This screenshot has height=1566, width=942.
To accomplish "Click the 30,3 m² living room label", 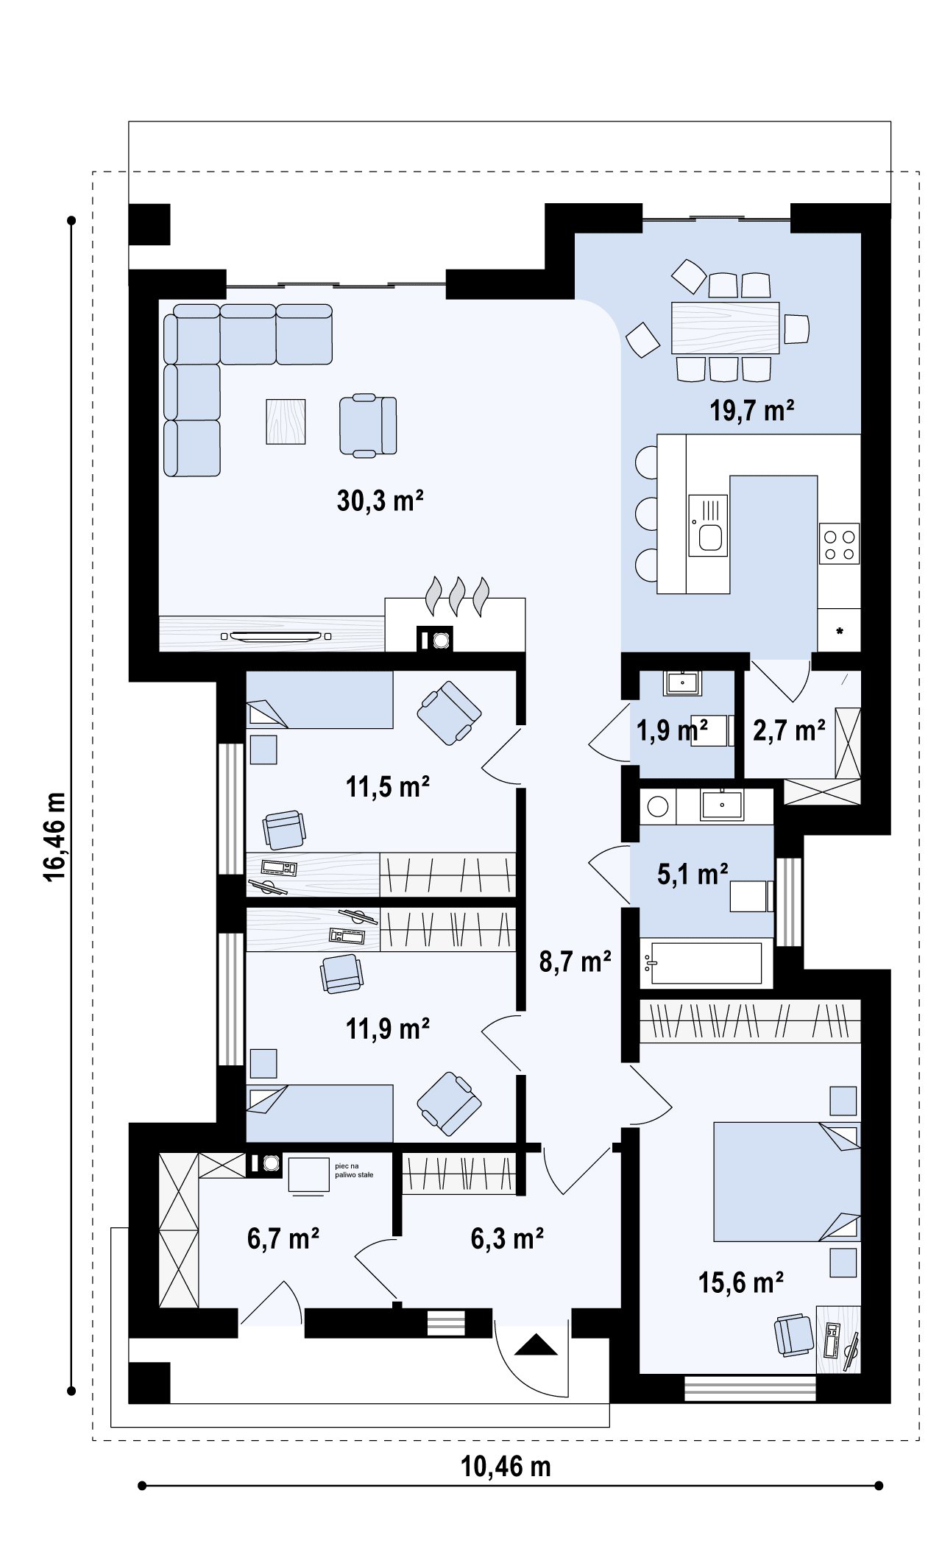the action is (380, 501).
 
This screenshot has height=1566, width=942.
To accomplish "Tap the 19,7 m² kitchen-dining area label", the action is (752, 410).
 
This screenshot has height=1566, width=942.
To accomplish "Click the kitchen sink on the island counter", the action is (708, 525).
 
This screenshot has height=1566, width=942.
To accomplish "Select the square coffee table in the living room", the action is (286, 421).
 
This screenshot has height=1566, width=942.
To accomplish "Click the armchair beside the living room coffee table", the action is (368, 425).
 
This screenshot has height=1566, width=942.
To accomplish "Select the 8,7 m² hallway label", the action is (576, 962).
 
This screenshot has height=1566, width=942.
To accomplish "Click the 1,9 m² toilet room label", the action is (672, 730).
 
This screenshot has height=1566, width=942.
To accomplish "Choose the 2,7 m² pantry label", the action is (789, 730).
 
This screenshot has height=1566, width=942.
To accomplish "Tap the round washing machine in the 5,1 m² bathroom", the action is (657, 808).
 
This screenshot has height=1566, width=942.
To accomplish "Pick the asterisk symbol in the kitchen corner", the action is (839, 631).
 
